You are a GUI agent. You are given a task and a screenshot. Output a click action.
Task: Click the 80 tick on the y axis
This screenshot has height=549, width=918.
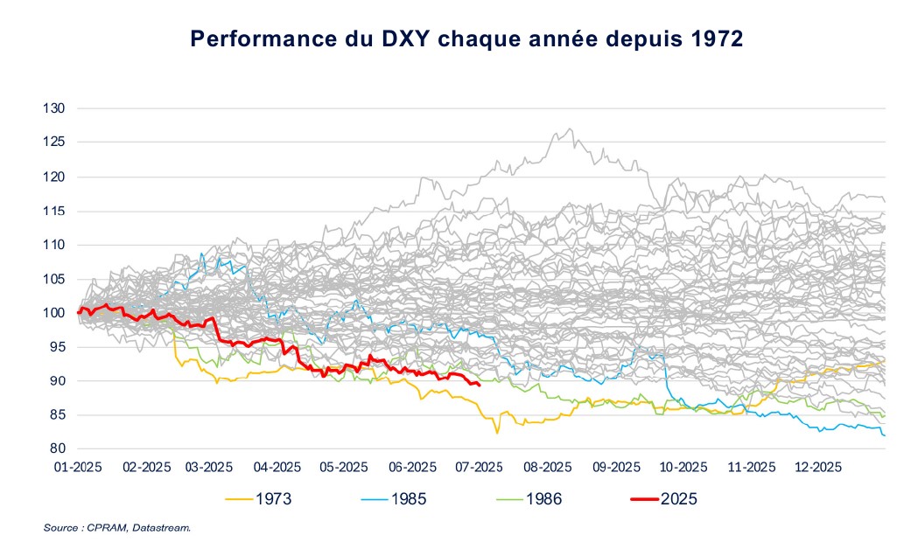[58, 449]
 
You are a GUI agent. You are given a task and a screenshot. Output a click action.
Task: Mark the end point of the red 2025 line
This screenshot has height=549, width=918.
[479, 385]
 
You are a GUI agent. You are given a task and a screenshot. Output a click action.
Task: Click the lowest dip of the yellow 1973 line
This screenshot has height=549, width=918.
[497, 433]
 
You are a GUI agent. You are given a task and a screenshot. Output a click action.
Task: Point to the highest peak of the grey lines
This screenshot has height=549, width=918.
[571, 129]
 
